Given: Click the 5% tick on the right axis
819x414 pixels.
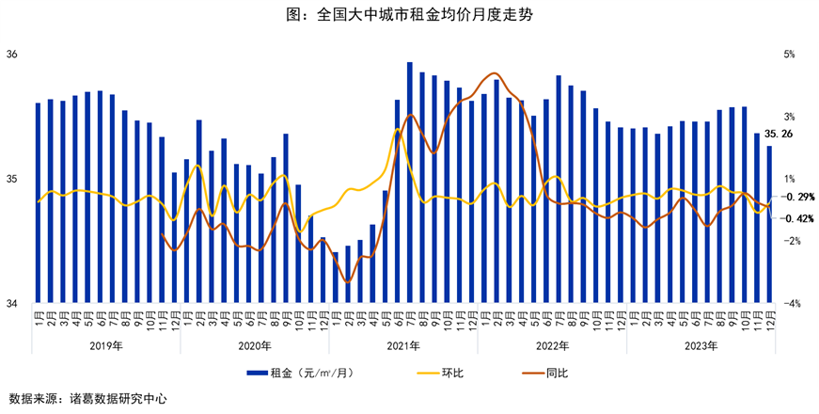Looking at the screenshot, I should click(790, 55).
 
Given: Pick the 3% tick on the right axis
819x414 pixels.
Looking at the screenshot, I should click(790, 117).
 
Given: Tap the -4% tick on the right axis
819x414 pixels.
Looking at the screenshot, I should click(792, 304).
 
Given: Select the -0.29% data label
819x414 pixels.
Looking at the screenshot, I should click(799, 197).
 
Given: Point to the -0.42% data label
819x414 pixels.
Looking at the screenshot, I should click(799, 218).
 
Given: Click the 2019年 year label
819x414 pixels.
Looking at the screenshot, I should click(105, 345).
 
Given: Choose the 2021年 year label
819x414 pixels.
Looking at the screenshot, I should click(402, 345).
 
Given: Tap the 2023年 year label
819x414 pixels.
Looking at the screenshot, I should click(700, 345).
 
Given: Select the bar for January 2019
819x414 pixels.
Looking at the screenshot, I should click(39, 203).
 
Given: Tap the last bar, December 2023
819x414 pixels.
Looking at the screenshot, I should click(769, 225).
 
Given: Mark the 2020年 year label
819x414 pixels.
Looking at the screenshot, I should click(254, 345).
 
